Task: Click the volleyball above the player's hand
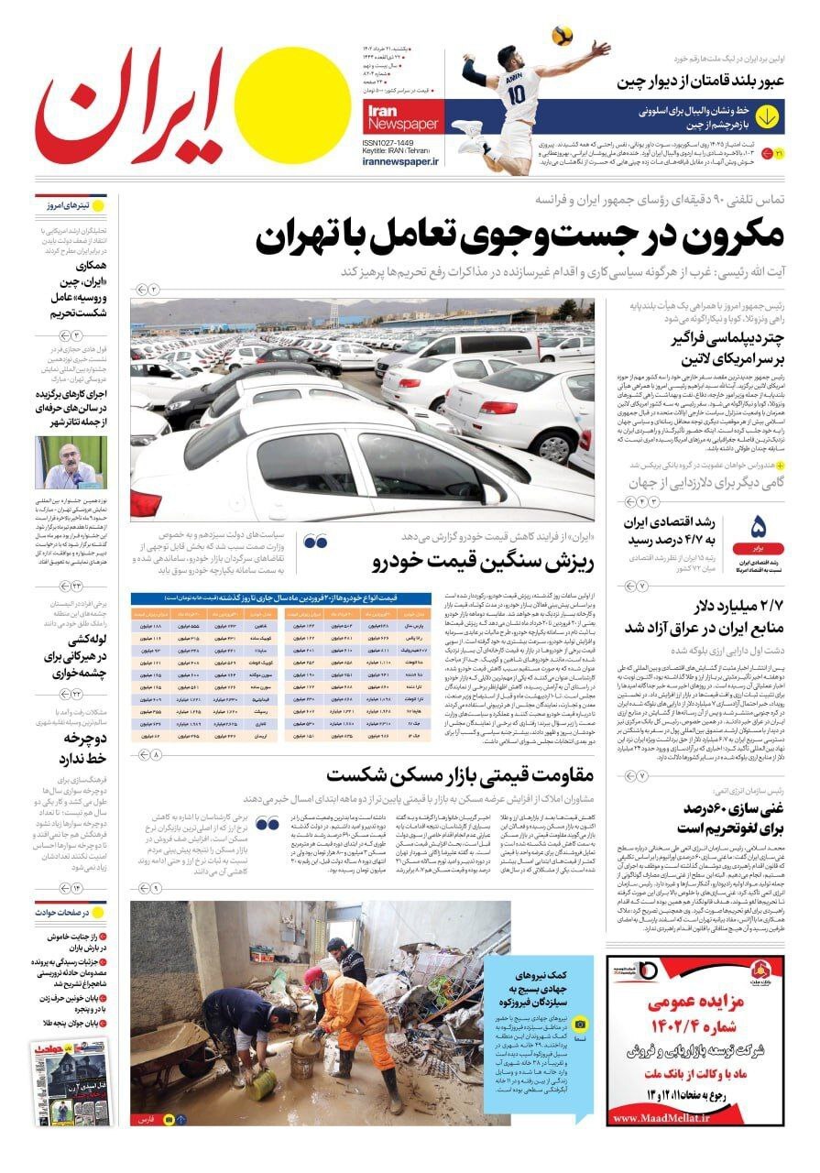563,35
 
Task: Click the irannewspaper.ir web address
401,161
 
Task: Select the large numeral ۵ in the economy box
758,528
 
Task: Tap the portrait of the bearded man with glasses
71,462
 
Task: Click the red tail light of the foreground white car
146,503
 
